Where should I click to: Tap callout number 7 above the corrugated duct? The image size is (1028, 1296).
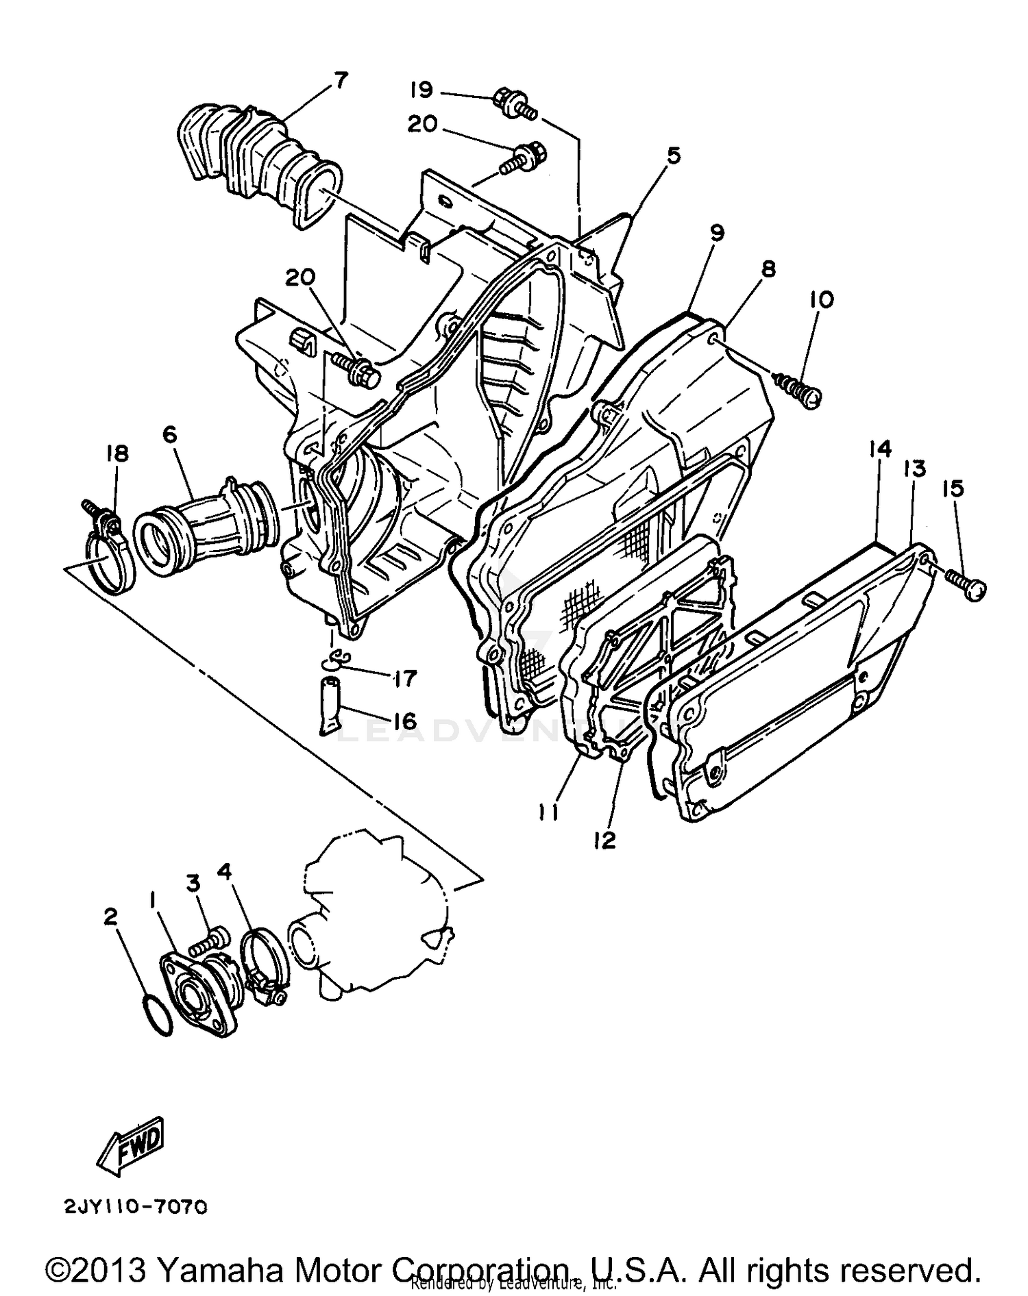[x=341, y=80]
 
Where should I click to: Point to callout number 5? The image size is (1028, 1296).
[x=674, y=155]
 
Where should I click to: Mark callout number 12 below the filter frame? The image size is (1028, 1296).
[x=605, y=840]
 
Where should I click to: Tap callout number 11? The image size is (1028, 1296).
[x=548, y=812]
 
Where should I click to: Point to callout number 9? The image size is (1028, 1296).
[x=716, y=233]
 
